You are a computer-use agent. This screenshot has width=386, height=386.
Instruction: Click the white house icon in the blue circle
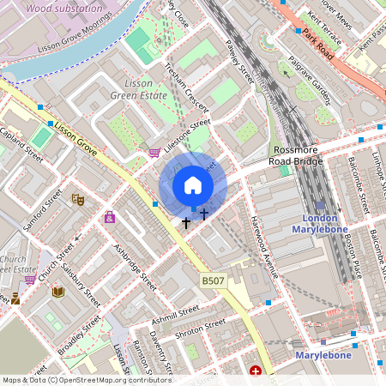tap(193, 185)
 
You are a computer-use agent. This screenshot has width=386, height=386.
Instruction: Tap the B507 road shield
tap(213, 280)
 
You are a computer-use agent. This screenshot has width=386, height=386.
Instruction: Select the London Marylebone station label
tap(320, 223)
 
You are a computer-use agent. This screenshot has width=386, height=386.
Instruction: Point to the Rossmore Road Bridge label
tap(294, 155)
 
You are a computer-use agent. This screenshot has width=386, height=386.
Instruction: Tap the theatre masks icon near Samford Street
tap(77, 200)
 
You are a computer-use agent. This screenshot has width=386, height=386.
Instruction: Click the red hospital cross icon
tap(256, 371)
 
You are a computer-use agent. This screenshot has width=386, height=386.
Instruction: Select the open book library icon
tap(58, 293)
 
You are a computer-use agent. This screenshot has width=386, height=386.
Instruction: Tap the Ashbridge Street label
tap(136, 267)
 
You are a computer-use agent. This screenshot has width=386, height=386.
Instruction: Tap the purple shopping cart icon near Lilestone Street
tap(154, 153)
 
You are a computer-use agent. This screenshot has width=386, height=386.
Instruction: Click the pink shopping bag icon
tap(110, 218)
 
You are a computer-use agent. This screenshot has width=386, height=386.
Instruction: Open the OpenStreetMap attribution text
tap(87, 380)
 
